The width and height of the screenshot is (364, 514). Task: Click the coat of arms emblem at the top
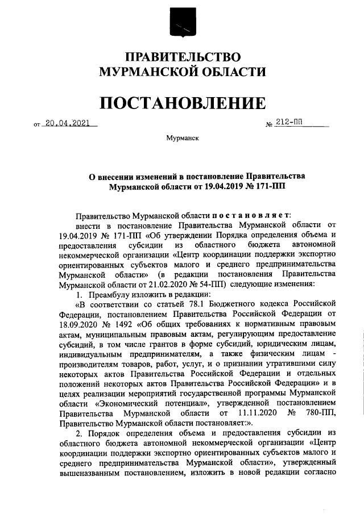pyautogui.click(x=182, y=23)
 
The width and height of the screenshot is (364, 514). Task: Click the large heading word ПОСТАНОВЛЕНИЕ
pyautogui.click(x=182, y=103)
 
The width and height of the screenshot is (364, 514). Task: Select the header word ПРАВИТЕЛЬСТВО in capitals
pyautogui.click(x=182, y=57)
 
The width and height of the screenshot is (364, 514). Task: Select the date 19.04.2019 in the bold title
pyautogui.click(x=216, y=186)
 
